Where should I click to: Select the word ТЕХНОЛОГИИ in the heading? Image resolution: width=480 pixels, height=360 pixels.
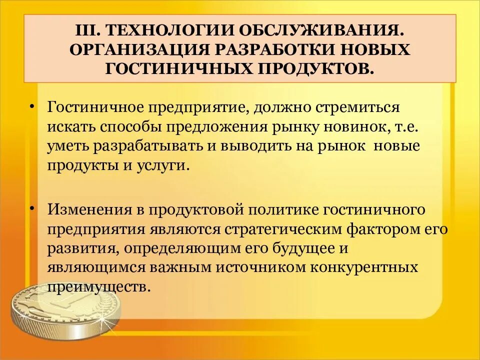point(153,31)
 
